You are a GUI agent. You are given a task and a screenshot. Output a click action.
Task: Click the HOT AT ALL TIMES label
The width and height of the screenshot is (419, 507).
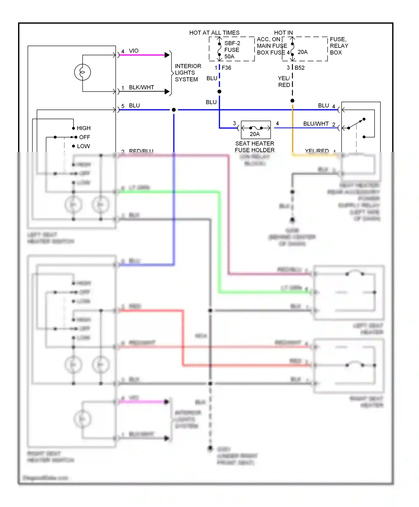[x=214, y=33]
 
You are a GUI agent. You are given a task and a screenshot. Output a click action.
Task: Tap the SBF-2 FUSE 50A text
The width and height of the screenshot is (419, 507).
[x=232, y=50]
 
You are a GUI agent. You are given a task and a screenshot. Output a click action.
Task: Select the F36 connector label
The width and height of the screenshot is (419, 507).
[x=226, y=68]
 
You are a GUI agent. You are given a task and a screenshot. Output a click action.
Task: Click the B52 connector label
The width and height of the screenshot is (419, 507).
[x=299, y=68]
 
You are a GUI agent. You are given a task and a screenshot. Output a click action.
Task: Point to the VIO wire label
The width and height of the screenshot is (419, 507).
[x=134, y=51]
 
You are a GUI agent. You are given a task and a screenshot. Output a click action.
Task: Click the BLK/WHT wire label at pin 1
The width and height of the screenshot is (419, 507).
[x=141, y=87]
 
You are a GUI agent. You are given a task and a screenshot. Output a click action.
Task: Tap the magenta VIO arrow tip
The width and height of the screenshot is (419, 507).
[x=167, y=55]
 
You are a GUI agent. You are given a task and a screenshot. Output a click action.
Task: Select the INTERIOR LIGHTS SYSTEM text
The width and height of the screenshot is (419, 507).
[x=188, y=73]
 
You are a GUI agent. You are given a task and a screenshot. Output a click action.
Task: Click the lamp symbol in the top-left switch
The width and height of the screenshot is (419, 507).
[x=82, y=72]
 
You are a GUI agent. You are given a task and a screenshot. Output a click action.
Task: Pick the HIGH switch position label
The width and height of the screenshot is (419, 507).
[x=84, y=128]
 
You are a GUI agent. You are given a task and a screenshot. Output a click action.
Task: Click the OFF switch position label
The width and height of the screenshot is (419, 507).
[x=84, y=137]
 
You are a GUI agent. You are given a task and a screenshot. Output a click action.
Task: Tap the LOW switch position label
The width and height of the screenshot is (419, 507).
[x=83, y=146]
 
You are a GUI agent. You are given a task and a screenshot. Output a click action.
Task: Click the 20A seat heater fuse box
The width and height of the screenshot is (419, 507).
[x=256, y=130]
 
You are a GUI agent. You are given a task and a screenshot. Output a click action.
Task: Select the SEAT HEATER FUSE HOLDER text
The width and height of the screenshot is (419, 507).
[x=254, y=147]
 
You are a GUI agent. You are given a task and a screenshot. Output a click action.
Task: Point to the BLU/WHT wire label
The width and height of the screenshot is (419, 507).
[x=316, y=124]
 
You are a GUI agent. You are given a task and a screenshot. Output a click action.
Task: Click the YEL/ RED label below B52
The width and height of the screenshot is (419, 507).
[x=284, y=82]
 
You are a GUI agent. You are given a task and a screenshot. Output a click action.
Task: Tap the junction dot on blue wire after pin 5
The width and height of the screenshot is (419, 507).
[x=174, y=110]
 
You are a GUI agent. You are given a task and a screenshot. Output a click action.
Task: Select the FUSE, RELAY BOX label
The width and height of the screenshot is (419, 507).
[x=339, y=46]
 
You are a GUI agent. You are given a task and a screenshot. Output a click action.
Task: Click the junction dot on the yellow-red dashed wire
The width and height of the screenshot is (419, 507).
[x=292, y=101]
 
